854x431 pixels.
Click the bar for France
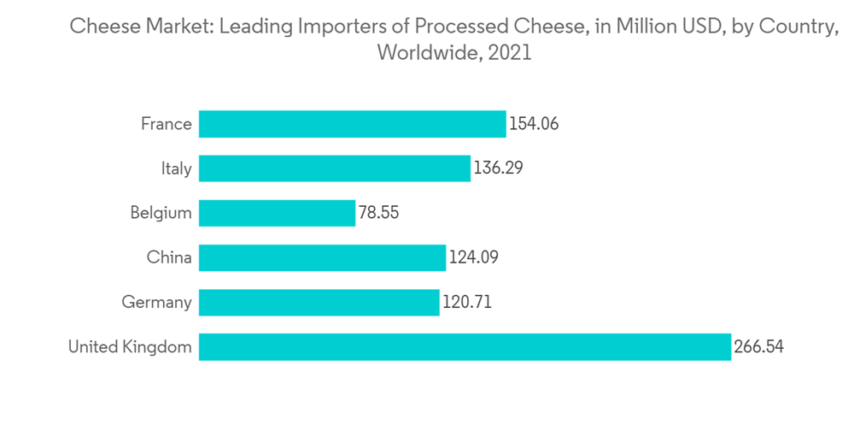[352, 124]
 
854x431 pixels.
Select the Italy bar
[334, 168]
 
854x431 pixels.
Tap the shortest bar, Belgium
[277, 213]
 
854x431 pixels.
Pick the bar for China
[322, 257]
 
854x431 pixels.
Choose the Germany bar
[319, 302]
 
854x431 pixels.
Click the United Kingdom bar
[465, 346]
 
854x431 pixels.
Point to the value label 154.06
[534, 124]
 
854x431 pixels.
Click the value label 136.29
[498, 168]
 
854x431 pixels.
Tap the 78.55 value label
[379, 213]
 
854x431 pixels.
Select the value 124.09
[473, 257]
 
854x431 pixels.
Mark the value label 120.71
[467, 302]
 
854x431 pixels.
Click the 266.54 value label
[759, 346]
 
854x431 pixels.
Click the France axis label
[167, 124]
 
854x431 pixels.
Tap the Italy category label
[177, 168]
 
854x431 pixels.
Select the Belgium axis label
[161, 213]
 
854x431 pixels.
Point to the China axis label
[169, 257]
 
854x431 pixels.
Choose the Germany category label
[157, 302]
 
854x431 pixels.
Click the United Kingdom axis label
[130, 346]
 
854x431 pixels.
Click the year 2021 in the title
[511, 52]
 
